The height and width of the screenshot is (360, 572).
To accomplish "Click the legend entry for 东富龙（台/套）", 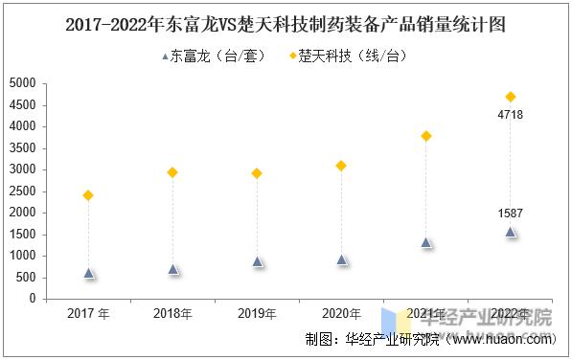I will point(217,56).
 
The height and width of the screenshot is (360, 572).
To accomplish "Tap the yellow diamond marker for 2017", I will point(88,195).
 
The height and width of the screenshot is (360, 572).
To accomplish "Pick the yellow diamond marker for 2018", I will point(172,172).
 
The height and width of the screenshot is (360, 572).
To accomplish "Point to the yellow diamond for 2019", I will point(257,173).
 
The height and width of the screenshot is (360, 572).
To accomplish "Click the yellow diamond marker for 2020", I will point(341,166).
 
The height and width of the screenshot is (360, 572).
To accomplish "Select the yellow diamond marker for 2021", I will point(426,136).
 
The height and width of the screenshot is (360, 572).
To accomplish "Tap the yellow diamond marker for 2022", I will point(511,97).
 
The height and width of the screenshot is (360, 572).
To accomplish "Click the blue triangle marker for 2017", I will point(88,273).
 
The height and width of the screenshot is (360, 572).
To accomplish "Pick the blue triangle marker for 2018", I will point(172,269).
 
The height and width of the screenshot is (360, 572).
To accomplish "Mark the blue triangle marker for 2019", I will point(257,260).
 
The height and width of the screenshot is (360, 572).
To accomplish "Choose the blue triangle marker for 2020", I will point(341,259).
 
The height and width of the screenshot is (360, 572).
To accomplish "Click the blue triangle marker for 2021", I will point(426,242).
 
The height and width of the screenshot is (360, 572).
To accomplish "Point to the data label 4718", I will point(511,115).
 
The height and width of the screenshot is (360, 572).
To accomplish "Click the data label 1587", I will point(511,214).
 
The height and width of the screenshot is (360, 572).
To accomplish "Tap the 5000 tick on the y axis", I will point(22,83).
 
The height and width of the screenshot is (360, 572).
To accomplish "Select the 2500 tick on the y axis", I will point(22,191).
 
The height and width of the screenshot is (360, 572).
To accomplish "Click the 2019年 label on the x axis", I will point(257,314).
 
